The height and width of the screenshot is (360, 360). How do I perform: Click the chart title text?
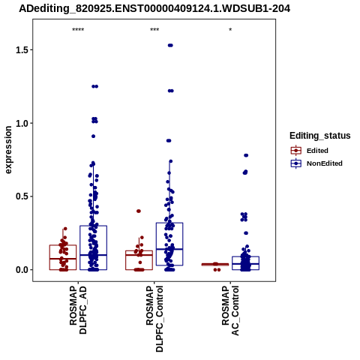154,8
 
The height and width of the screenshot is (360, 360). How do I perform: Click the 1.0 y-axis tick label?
21,123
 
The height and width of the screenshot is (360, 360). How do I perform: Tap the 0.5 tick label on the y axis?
21,196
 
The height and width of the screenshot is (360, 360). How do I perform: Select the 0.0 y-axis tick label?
21,270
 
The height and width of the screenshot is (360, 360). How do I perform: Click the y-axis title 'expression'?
8,150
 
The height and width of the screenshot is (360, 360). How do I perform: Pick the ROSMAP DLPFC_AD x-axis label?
78,310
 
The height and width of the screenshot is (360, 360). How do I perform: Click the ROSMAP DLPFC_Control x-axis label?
154,319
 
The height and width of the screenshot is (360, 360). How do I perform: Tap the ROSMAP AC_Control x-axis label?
230,310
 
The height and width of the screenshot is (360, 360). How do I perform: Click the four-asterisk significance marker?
78,30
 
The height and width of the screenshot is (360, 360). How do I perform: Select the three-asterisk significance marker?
154,30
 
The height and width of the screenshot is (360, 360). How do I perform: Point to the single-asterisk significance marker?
230,30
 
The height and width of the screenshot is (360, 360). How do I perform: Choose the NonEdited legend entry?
316,163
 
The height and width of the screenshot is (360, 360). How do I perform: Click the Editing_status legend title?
320,136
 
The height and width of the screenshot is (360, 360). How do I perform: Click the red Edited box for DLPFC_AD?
63,257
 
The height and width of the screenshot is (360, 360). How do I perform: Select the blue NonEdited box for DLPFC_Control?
169,244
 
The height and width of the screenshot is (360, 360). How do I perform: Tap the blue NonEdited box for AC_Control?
245,263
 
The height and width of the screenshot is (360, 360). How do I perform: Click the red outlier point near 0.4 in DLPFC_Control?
139,211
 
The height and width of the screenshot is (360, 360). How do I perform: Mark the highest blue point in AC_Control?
246,155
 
